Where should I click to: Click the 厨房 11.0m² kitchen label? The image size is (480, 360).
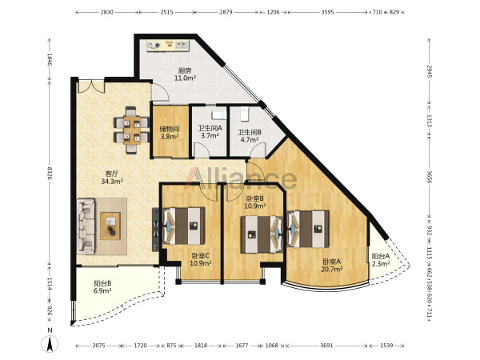click(x=185, y=74)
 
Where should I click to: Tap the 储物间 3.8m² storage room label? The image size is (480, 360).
click(x=170, y=133)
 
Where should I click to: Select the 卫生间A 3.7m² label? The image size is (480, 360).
click(x=210, y=132)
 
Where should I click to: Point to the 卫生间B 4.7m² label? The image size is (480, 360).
click(x=250, y=136)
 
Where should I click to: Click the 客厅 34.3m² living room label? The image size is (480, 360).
click(x=112, y=178)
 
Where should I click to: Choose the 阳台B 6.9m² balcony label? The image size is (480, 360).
click(x=102, y=287)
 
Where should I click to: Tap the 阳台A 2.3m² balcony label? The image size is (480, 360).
click(x=381, y=260)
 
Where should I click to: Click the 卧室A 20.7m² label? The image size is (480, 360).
click(x=332, y=266)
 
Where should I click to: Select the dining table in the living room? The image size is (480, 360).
click(x=132, y=130)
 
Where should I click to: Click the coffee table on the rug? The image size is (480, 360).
click(x=110, y=226)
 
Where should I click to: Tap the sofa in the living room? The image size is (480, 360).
click(x=86, y=226)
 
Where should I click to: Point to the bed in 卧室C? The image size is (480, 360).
click(x=183, y=226)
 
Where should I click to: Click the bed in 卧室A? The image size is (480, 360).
click(x=308, y=229)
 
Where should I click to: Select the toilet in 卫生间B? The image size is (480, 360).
click(x=245, y=114)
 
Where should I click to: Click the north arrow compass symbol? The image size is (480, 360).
click(x=50, y=343)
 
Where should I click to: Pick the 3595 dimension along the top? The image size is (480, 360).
click(x=327, y=12)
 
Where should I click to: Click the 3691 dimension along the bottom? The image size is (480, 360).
click(x=326, y=346)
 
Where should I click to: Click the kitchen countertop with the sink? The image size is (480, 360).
click(x=168, y=46)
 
